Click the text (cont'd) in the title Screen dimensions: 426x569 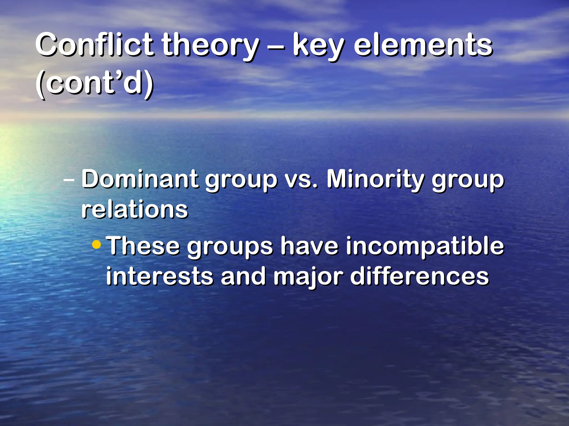click(x=94, y=83)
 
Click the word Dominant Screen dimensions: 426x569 click(x=140, y=179)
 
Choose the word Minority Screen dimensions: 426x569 click(x=375, y=180)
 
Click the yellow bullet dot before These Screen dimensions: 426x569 click(x=96, y=245)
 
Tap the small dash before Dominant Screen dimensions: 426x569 click(x=69, y=180)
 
